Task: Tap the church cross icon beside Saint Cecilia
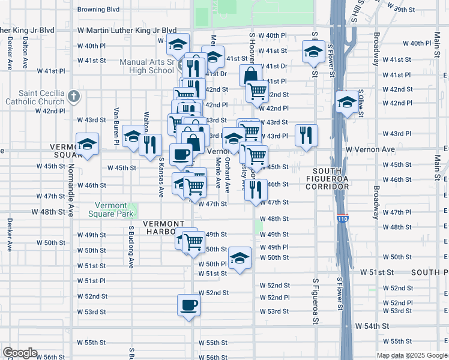pos(73,96)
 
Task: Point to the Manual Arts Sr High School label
pos(146,66)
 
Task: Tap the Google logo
pos(20,353)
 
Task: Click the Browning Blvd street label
pos(98,10)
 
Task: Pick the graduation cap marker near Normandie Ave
pos(87,145)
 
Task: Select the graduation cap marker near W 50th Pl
pos(240,259)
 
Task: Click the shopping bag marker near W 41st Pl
pos(250,76)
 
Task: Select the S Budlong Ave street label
pos(130,246)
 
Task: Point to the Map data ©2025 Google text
pos(411,355)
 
